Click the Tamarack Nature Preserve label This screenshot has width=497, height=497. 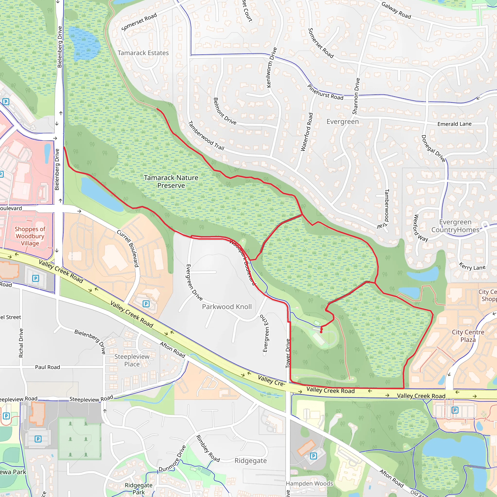click(171, 182)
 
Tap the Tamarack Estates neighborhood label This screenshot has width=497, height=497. click(143, 53)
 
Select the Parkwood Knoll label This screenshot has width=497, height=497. click(227, 307)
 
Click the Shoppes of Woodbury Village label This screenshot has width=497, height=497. click(30, 236)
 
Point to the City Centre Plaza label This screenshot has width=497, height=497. click(468, 336)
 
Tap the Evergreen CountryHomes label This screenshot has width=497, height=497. click(455, 226)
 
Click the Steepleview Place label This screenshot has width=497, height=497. click(132, 360)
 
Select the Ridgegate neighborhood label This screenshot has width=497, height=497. click(250, 460)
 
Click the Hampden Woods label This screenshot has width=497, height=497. click(309, 484)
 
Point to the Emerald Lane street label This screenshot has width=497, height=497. click(454, 124)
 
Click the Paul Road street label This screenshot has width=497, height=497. click(48, 367)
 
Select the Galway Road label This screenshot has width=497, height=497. click(396, 10)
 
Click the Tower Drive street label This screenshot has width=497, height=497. click(288, 353)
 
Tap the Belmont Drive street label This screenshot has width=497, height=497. click(224, 111)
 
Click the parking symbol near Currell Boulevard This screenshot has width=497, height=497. click(146, 304)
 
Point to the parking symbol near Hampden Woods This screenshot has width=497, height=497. click(313, 456)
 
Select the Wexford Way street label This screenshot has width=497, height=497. click(420, 228)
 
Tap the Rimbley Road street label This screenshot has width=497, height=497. click(208, 449)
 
